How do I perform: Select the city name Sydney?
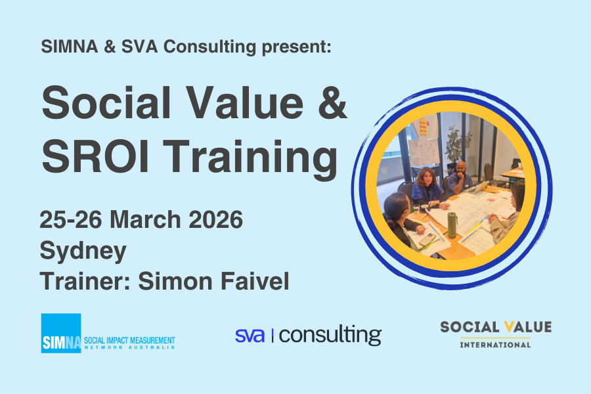tap(83, 251)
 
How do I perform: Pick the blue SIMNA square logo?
tap(60, 333)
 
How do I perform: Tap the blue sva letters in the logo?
tap(250, 335)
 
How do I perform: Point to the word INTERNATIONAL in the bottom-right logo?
tap(495, 344)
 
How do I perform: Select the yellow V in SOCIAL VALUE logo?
tap(500, 327)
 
